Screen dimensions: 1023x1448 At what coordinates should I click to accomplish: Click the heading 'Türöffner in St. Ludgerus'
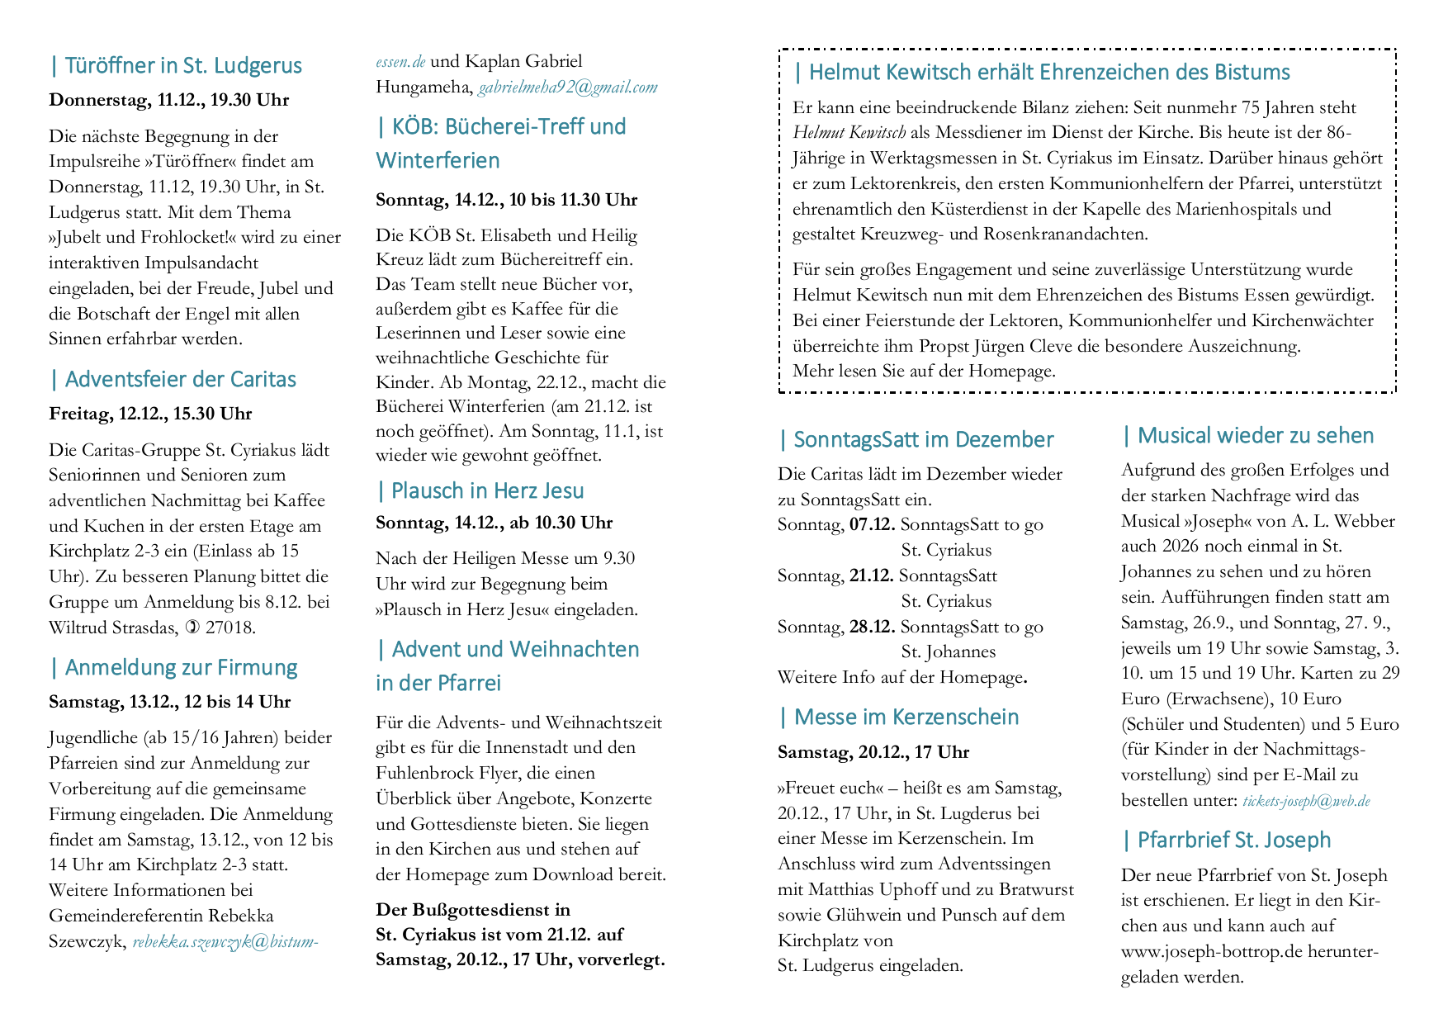click(182, 66)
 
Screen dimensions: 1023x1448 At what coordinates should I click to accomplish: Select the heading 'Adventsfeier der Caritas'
click(180, 380)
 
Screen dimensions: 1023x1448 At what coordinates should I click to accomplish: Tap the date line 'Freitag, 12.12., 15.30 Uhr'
click(150, 414)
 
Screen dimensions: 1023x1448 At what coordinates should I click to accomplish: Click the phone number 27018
click(230, 628)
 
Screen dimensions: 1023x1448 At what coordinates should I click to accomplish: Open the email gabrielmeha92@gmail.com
click(568, 87)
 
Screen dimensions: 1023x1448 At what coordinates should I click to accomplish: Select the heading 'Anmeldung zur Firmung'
click(181, 668)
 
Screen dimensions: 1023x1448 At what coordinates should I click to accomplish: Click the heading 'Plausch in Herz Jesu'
click(487, 491)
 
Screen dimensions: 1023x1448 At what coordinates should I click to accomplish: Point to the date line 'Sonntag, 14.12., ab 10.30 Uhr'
click(494, 523)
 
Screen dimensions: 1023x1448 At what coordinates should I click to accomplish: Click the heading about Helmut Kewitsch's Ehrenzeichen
click(1048, 73)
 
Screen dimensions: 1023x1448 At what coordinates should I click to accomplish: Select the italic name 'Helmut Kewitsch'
click(849, 133)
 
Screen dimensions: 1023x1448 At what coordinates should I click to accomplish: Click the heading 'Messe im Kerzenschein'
click(906, 718)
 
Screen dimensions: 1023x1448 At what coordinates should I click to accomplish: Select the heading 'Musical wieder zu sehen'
click(1255, 436)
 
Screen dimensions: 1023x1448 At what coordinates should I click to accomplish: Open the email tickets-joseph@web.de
click(1306, 801)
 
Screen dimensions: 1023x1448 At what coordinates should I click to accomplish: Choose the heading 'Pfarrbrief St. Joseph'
click(1233, 841)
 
